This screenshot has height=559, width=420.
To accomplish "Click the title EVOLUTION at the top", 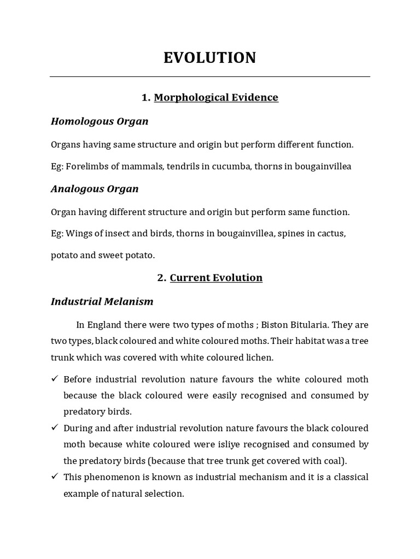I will click(x=209, y=58).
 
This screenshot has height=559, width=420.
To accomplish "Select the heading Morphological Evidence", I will click(x=216, y=97).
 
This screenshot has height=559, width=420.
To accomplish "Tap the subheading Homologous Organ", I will click(x=100, y=121).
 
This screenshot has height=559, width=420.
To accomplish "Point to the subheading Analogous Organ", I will click(x=95, y=189).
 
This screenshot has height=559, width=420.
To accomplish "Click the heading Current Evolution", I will click(x=216, y=277).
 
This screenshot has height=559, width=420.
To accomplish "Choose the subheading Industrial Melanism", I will click(x=102, y=301).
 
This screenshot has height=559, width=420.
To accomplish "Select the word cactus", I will click(x=331, y=234).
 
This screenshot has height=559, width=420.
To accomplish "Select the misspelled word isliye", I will click(x=249, y=443).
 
